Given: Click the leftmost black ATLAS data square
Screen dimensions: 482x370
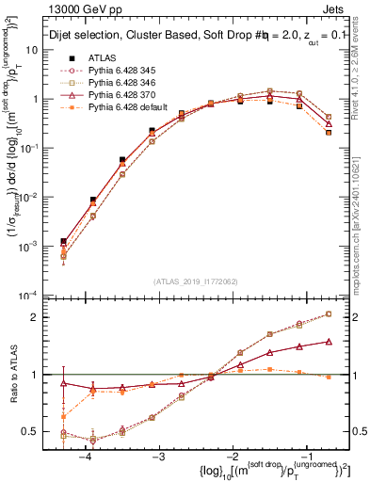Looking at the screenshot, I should pyautogui.click(x=63, y=242).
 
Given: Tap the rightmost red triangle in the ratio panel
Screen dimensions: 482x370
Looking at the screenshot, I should pyautogui.click(x=329, y=342).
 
